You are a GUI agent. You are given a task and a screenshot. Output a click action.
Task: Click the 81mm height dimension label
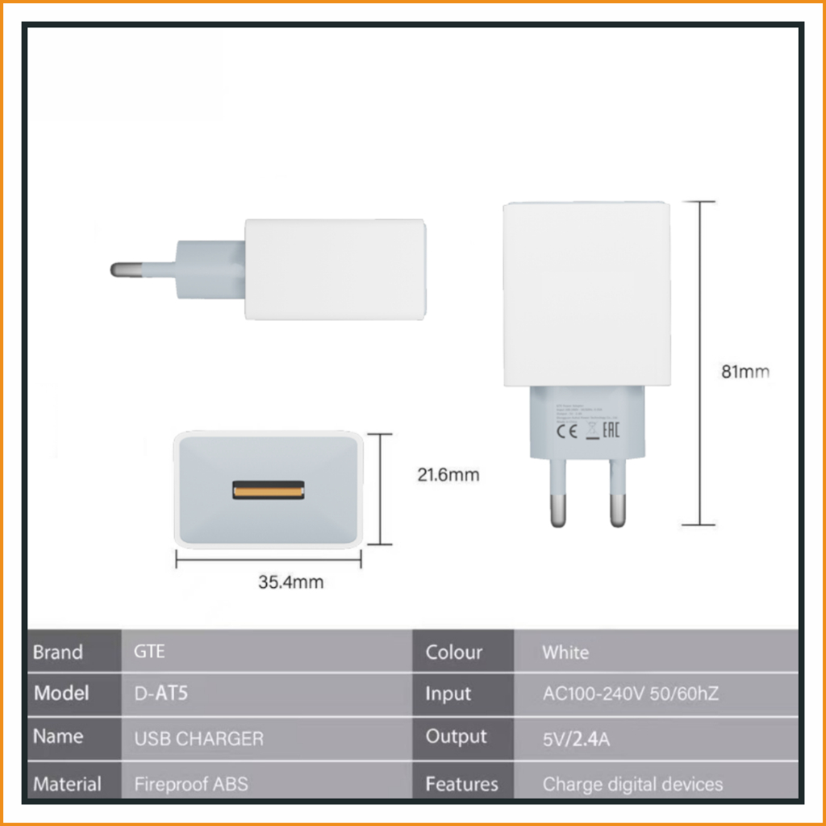click(x=745, y=372)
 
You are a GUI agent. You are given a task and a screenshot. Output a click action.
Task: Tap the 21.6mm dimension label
click(x=448, y=475)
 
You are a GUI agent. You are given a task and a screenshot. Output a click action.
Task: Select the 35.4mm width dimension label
click(x=290, y=582)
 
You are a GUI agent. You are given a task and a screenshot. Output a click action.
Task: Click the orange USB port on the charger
click(x=269, y=490)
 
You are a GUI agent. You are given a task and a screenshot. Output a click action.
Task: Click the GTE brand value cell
click(x=150, y=652)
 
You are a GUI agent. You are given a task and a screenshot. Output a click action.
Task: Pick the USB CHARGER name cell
click(x=198, y=738)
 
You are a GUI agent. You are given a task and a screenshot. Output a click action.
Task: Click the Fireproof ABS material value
click(x=191, y=783)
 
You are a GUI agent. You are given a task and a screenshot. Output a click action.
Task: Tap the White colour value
click(x=565, y=652)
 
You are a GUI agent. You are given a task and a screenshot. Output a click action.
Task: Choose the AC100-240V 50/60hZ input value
click(x=630, y=694)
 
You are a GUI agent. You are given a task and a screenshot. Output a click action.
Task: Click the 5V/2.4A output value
click(x=576, y=738)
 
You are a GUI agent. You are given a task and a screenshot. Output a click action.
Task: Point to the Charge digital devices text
click(x=632, y=783)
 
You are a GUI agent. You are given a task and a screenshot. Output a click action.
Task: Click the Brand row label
click(x=58, y=652)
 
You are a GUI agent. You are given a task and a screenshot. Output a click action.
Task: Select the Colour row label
click(x=454, y=652)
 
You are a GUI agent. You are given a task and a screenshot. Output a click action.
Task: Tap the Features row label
click(x=461, y=783)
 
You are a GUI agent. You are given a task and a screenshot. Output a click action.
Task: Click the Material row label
click(x=67, y=783)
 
